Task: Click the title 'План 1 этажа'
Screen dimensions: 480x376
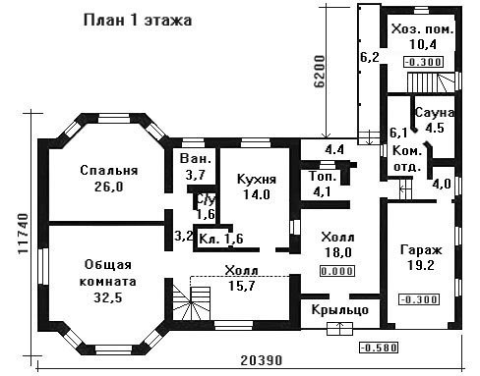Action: tap(138, 21)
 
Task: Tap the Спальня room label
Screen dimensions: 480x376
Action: tap(109, 170)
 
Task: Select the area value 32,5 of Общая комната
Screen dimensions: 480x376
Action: tap(108, 297)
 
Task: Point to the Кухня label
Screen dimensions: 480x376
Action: tap(257, 180)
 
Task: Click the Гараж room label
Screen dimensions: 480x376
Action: tap(421, 250)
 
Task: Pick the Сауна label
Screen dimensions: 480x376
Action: tap(435, 113)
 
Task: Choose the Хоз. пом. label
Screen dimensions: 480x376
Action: tap(423, 29)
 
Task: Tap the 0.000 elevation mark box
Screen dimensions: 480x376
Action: tap(337, 271)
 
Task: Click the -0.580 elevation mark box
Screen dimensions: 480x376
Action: tap(379, 348)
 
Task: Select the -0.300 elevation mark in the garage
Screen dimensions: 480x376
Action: tap(419, 299)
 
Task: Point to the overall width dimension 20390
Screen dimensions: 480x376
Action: tap(262, 360)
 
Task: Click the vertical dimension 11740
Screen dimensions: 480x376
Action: tap(23, 234)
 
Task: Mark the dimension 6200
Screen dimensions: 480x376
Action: tap(320, 72)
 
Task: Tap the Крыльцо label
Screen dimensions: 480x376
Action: tap(340, 309)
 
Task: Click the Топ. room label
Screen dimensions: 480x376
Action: tap(323, 177)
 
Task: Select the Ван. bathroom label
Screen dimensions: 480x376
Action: tap(196, 159)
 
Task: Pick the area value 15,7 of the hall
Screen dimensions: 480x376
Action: tap(242, 286)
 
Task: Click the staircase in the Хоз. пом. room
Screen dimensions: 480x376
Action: tap(432, 82)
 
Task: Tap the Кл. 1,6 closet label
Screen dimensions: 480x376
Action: tap(221, 239)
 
